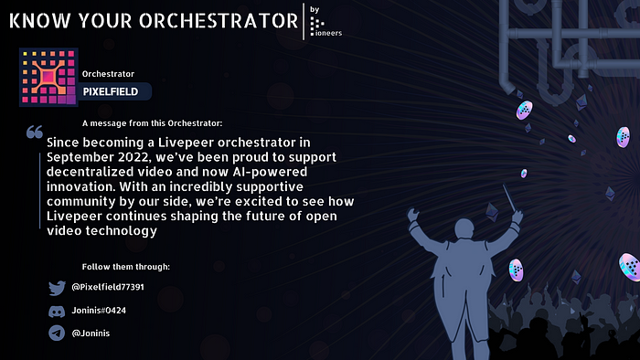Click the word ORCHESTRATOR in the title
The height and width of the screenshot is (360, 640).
pyautogui.click(x=211, y=21)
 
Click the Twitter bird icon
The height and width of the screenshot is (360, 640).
pyautogui.click(x=57, y=288)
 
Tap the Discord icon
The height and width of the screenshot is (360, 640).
pyautogui.click(x=57, y=311)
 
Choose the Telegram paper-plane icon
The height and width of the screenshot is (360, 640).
pyautogui.click(x=57, y=334)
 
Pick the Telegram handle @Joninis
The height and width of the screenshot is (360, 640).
pyautogui.click(x=92, y=334)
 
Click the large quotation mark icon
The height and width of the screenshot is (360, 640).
pyautogui.click(x=35, y=133)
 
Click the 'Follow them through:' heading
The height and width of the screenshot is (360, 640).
pyautogui.click(x=125, y=267)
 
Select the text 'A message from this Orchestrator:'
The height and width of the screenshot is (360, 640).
pyautogui.click(x=152, y=122)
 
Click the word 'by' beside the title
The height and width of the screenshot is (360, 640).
pyautogui.click(x=315, y=10)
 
